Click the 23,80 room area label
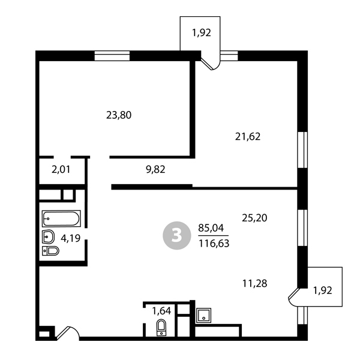[x=119, y=115]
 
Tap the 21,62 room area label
[x=248, y=137]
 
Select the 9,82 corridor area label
[x=155, y=170]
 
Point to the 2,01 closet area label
[x=61, y=170]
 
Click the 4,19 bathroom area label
[x=70, y=238]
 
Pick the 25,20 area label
[x=254, y=218]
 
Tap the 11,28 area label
[x=254, y=284]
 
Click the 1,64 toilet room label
[x=161, y=311]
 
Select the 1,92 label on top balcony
[x=202, y=33]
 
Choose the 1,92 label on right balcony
[x=323, y=290]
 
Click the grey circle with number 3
[x=177, y=236]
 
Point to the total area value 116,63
[x=214, y=244]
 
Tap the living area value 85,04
[x=211, y=228]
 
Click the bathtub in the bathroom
[x=61, y=218]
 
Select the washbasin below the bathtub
[x=48, y=237]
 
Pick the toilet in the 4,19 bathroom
[x=50, y=251]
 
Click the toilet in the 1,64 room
[x=161, y=328]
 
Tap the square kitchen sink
[x=203, y=315]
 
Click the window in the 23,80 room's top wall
[x=112, y=56]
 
